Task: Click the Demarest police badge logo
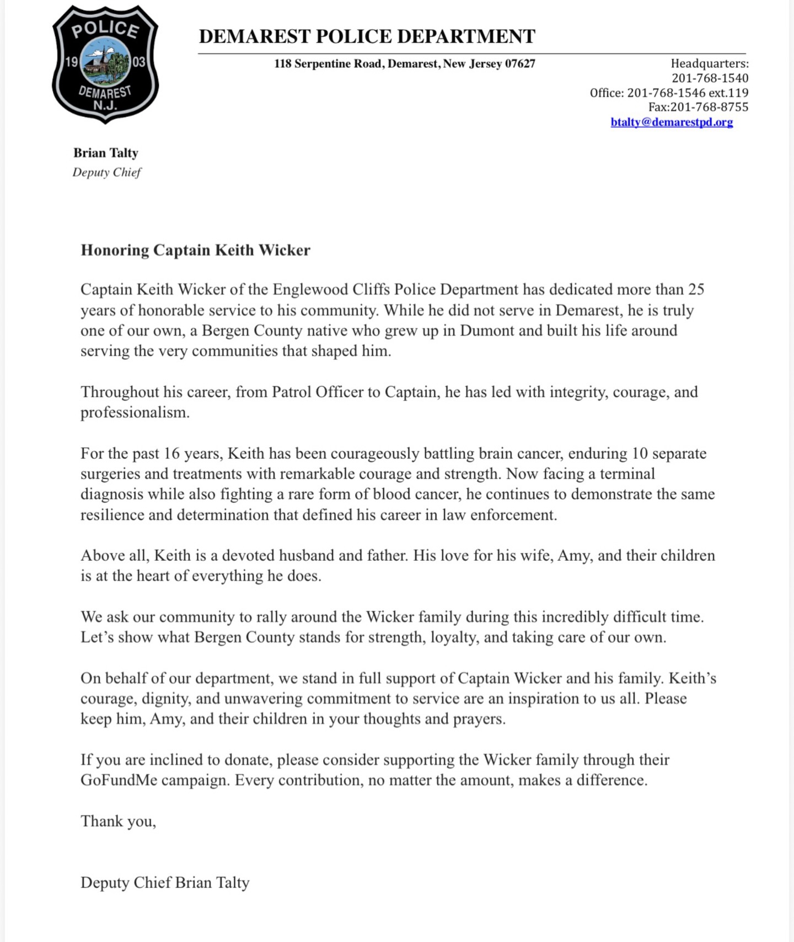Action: tap(105, 63)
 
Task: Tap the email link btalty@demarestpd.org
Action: tap(672, 122)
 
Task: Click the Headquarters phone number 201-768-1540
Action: tap(710, 78)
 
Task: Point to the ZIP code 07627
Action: tap(520, 64)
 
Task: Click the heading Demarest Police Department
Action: tap(367, 36)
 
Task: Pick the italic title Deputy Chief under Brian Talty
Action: tap(107, 172)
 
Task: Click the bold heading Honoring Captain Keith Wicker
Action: tap(195, 250)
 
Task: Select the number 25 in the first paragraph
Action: tap(696, 290)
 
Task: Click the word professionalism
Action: tap(135, 413)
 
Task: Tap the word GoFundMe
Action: tap(119, 780)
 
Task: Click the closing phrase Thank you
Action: tap(118, 821)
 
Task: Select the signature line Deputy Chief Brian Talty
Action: tap(165, 883)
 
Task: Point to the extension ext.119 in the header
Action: tap(729, 93)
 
